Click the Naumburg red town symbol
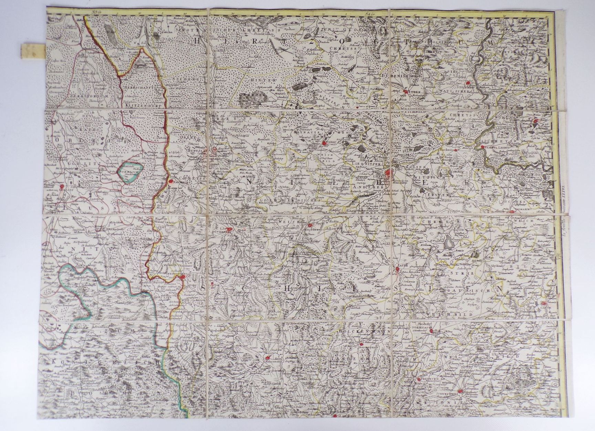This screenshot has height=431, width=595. (x=169, y=181)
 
